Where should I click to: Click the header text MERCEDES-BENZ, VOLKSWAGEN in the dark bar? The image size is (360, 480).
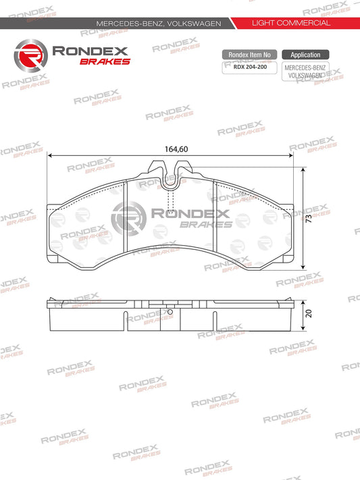pyautogui.click(x=159, y=23)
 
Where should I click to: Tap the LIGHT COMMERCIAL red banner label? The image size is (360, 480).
pyautogui.click(x=290, y=23)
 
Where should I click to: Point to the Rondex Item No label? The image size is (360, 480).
pyautogui.click(x=249, y=55)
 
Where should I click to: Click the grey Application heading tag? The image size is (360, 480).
pyautogui.click(x=305, y=55)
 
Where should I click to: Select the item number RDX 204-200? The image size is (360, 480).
pyautogui.click(x=249, y=67)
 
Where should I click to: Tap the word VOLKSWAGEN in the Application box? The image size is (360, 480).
pyautogui.click(x=305, y=76)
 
